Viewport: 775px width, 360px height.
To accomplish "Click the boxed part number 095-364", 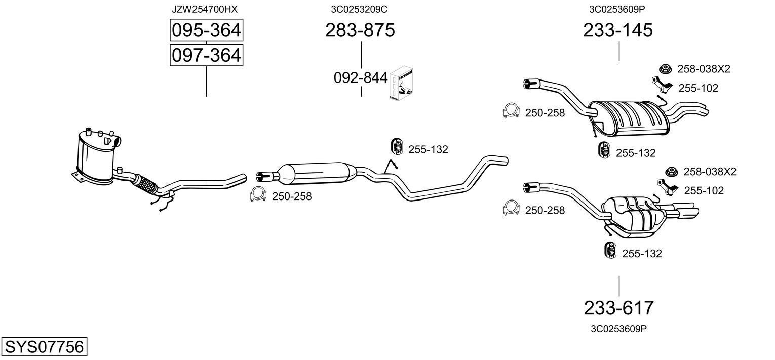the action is point(206,30).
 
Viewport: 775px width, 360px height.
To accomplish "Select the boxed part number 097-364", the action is point(206,55).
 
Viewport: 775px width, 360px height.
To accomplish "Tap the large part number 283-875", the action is point(360,30).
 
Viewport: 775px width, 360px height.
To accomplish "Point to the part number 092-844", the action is point(361,78).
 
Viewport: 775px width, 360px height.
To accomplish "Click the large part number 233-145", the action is point(618,30).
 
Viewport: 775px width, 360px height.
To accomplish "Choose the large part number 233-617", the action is point(619,308).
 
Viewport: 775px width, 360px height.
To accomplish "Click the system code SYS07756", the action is point(44,346).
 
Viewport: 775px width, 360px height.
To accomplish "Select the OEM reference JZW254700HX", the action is point(205,9).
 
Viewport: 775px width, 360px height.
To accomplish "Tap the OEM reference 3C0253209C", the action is point(359,9).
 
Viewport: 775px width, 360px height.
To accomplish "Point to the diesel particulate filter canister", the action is point(96,155).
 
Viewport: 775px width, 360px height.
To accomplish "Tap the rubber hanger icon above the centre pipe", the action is point(397,146).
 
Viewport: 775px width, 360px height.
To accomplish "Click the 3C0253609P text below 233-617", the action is point(618,329).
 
